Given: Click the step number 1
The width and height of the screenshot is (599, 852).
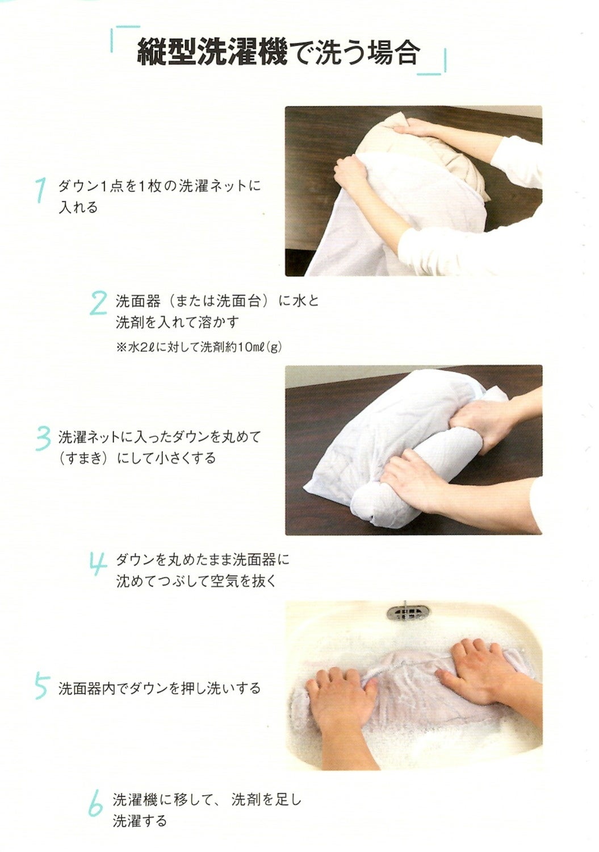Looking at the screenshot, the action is click(41, 190).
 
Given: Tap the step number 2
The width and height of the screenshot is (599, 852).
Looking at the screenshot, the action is click(99, 302).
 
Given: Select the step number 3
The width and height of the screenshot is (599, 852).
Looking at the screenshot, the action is click(43, 439).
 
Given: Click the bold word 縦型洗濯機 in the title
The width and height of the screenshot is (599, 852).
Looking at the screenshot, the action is click(211, 52).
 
